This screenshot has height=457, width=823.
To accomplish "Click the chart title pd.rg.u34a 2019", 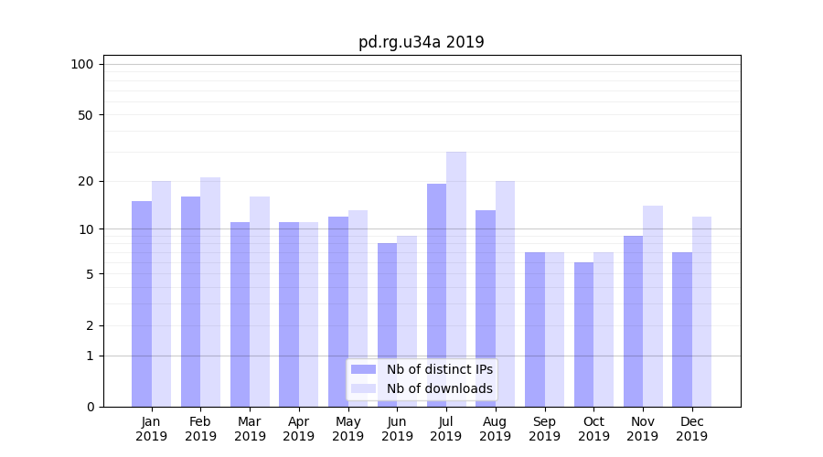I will (421, 42).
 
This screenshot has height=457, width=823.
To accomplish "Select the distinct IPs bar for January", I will (142, 303).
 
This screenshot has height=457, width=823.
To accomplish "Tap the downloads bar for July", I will (455, 279).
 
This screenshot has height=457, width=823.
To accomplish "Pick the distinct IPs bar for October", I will (583, 335).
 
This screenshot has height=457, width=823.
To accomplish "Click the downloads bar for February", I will (210, 292).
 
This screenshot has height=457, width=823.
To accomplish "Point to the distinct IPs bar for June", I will (387, 324).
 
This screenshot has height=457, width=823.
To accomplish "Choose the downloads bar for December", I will (701, 312).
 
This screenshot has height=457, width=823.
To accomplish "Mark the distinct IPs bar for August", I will (486, 308).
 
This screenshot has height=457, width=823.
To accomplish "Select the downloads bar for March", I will (260, 302).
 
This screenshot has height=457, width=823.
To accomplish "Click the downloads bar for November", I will (652, 306).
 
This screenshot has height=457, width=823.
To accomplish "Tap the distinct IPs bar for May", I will (338, 312).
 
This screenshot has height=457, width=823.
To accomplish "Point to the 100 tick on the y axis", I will (82, 64).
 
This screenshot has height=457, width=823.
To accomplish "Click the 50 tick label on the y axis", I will (85, 115).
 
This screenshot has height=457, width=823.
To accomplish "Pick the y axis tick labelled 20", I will (85, 181).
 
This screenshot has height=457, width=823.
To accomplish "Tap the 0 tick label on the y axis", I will (90, 407).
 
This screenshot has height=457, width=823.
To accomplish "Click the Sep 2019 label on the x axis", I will (544, 429).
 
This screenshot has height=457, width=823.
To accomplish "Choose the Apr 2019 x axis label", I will (299, 429).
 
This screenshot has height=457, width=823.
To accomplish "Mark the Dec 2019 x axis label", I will (691, 429).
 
